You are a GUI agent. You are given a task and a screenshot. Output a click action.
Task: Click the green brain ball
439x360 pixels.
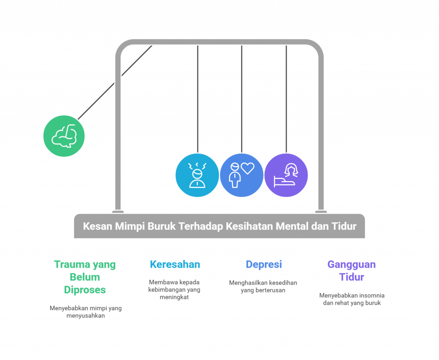coord(64,136)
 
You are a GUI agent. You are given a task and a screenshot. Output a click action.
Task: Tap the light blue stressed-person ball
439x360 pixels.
coord(197,175)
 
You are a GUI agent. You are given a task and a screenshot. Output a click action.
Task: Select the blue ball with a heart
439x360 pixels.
coord(242,175)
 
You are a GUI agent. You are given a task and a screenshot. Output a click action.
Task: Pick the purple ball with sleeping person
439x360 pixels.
coord(286,175)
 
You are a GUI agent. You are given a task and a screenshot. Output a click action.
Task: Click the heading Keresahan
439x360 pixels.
coord(175,264)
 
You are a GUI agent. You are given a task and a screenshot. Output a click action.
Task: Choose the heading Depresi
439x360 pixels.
coord(264,264)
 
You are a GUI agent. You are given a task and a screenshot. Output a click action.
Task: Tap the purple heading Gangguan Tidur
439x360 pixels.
coord(352,270)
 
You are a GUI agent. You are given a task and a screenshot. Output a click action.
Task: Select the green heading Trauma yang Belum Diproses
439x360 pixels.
coord(85,277)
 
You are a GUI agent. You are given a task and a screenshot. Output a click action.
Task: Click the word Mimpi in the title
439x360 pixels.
coord(130,226)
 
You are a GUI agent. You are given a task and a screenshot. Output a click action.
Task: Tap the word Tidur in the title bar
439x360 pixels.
coord(344,226)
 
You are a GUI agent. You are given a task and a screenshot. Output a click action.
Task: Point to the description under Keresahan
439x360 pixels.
coord(175,290)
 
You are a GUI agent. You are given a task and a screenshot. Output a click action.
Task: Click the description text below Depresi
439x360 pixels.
coord(263,286)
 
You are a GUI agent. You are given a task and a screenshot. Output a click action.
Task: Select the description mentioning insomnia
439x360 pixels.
coord(352,299)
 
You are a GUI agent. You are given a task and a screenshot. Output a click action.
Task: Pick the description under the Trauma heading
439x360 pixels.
coord(85,312)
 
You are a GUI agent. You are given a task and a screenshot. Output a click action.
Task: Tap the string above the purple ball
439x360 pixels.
coord(286,99)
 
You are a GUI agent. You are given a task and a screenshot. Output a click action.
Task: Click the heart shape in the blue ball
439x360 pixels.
coord(247,169)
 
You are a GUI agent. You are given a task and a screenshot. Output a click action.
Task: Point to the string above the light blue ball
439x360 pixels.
coord(197,99)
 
